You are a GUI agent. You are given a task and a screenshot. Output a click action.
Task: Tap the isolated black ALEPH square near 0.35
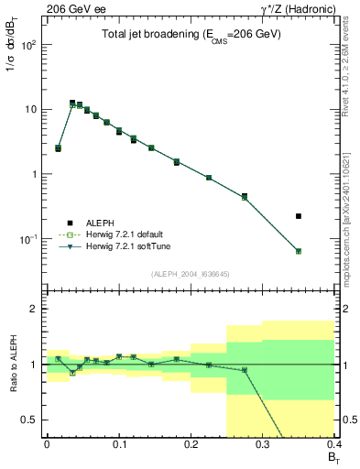click(x=324, y=216)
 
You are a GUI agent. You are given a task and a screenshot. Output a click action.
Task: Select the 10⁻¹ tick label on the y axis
click(x=30, y=239)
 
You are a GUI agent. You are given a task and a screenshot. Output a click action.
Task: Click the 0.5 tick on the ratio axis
click(x=32, y=420)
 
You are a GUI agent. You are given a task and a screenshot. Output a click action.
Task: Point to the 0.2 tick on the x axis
click(x=191, y=445)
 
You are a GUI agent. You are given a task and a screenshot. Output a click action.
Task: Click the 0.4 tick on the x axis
click(x=333, y=445)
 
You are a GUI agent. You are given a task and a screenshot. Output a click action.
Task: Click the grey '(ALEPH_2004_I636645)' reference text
click(x=191, y=274)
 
